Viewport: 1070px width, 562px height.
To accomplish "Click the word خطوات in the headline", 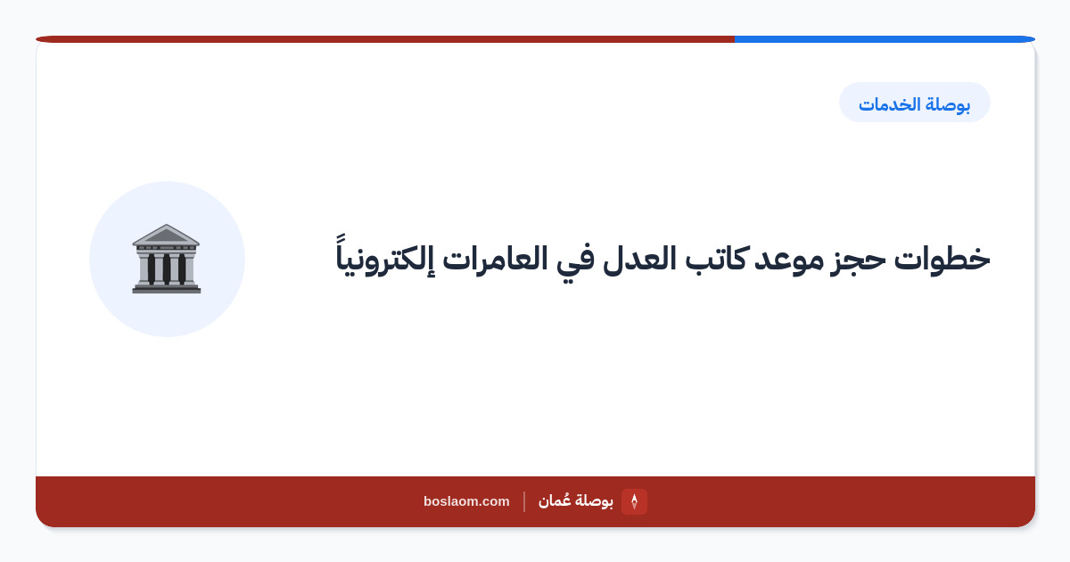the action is pos(942,259).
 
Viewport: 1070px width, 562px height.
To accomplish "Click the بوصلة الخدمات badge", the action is pos(914,103).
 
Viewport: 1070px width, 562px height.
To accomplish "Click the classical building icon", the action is pos(166,259).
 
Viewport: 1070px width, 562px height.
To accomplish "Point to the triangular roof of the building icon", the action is pos(166,235).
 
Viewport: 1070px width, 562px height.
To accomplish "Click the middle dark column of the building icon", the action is pos(166,269).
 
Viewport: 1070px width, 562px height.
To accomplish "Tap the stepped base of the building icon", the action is pos(166,287).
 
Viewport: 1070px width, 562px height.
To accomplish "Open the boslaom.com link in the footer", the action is pos(466,501).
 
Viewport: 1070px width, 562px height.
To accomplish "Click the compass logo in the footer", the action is pos(634,501).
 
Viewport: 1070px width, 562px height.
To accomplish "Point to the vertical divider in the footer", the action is pos(524,501).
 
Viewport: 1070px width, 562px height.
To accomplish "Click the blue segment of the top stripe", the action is pos(885,39).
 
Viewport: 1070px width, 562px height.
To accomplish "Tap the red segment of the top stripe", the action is pos(385,39).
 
